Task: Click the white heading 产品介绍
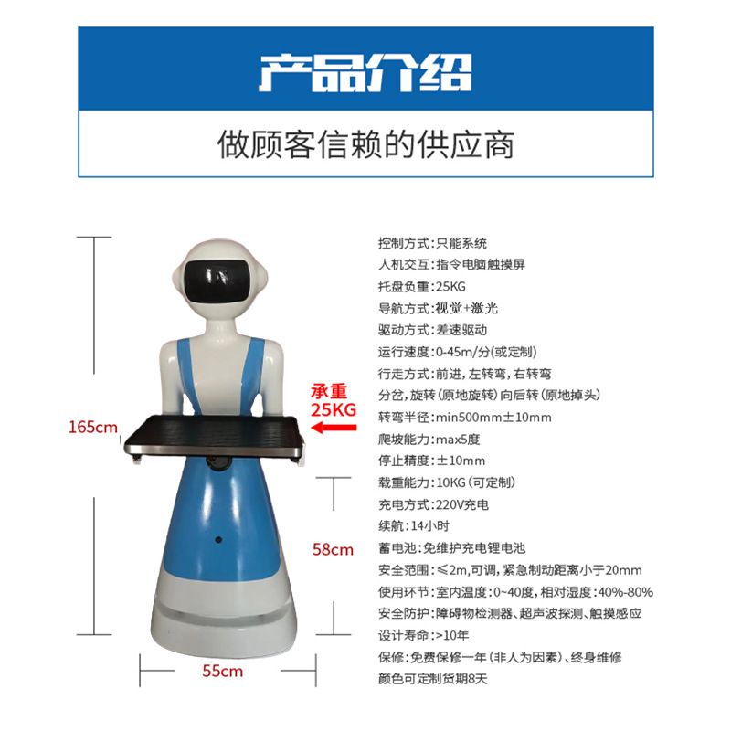point(365,73)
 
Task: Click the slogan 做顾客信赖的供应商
point(366,144)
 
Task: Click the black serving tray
point(215,438)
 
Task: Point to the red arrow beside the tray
point(334,428)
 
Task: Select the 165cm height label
point(93,427)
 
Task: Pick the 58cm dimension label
point(333,550)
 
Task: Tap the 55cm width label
point(222,671)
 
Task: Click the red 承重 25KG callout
point(334,400)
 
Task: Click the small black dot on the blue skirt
point(218,540)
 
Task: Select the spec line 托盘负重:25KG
point(422,286)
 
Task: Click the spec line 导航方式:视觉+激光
point(439,308)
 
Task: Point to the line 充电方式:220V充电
point(433,504)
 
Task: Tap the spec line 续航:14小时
point(414,526)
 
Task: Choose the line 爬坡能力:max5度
point(429,440)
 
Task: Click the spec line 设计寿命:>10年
point(423,635)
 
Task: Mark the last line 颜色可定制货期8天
point(432,679)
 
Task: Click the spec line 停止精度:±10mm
point(431,461)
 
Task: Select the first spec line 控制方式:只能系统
point(432,243)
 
